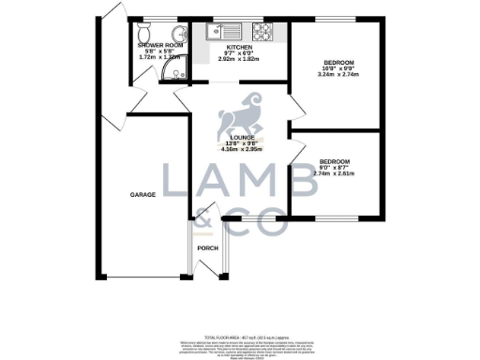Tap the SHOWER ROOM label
pos(155,45)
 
